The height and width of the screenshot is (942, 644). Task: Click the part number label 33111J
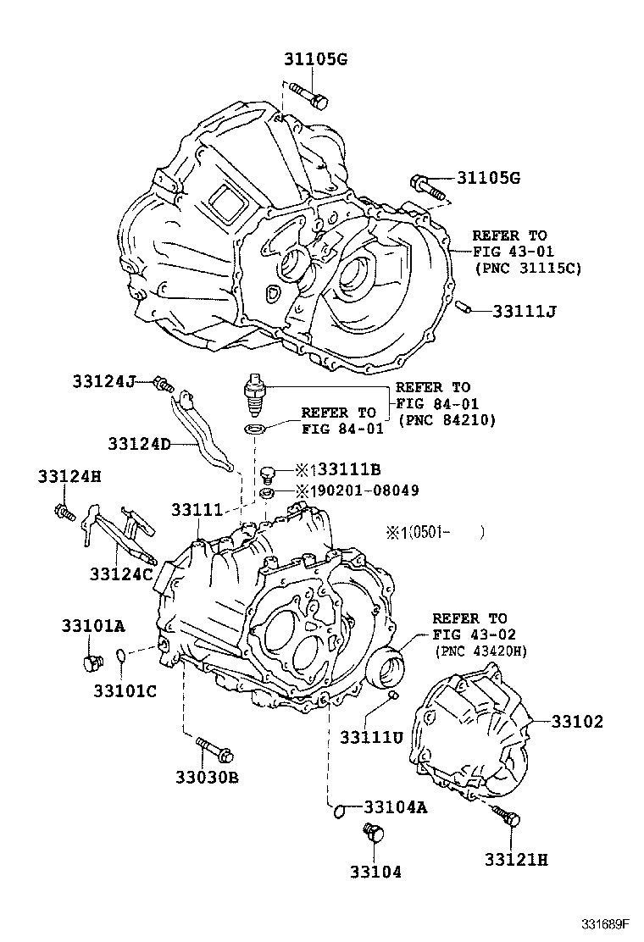tap(524, 311)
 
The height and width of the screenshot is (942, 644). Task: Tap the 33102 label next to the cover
tap(577, 722)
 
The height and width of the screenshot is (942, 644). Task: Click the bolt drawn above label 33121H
tap(509, 817)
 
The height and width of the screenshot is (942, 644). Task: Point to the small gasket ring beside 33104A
tap(338, 811)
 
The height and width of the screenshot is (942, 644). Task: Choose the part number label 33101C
tap(125, 690)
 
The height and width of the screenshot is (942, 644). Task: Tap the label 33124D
tap(139, 443)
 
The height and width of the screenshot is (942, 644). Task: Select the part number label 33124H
tap(69, 477)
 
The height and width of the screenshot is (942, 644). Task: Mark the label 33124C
tap(121, 574)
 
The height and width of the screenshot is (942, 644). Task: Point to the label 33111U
tap(371, 737)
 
